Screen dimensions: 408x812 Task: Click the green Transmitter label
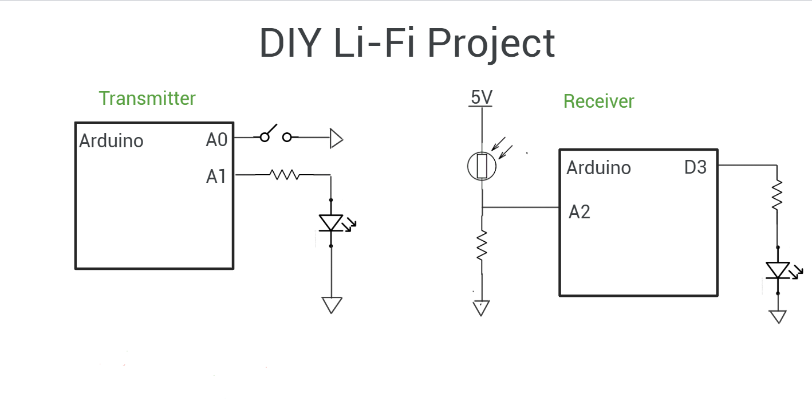point(147,99)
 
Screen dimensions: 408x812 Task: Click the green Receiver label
point(598,101)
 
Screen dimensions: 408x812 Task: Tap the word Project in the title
point(491,44)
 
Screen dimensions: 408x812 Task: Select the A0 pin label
point(217,140)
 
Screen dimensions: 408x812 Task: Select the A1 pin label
point(216,177)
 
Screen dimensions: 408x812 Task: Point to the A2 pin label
point(580,213)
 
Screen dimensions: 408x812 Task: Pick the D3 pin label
point(695,168)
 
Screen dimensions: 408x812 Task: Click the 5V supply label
point(482,98)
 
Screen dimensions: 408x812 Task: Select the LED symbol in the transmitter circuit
point(332,223)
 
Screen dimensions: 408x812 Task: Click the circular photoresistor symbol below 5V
point(482,166)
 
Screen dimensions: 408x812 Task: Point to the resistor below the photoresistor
point(482,245)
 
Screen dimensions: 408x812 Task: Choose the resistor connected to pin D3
point(777,195)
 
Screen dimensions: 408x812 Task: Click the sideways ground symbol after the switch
point(336,139)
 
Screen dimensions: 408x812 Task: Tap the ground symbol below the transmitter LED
point(332,304)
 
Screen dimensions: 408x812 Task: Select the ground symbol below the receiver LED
point(778,316)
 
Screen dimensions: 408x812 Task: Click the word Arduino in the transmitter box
point(111,141)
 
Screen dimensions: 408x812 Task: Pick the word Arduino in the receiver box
point(598,168)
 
